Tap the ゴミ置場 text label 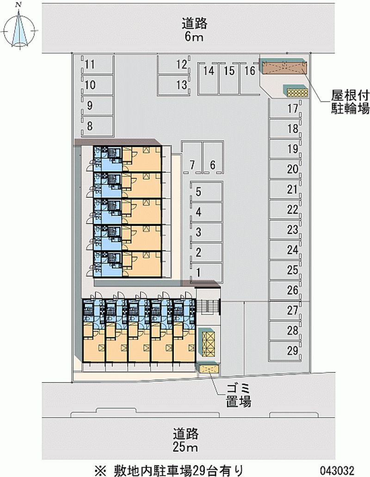click(239, 395)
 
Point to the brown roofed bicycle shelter click(284, 67)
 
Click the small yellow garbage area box click(209, 369)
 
